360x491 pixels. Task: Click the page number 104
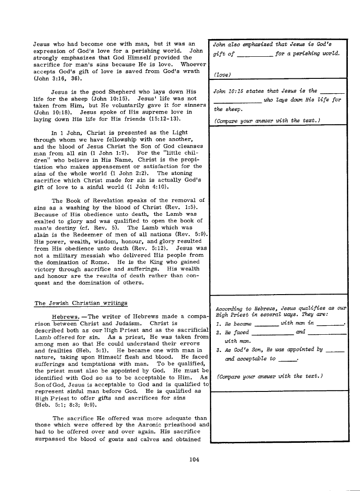tap(195, 459)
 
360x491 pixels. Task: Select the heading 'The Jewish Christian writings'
tap(81, 303)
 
